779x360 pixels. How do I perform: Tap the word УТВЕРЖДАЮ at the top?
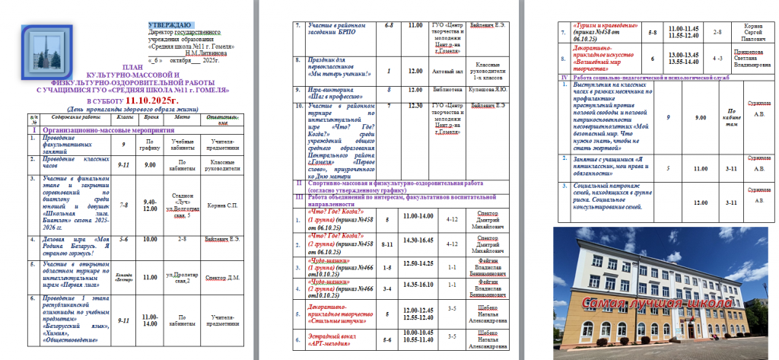170,25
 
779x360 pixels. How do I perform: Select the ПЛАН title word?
132,68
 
